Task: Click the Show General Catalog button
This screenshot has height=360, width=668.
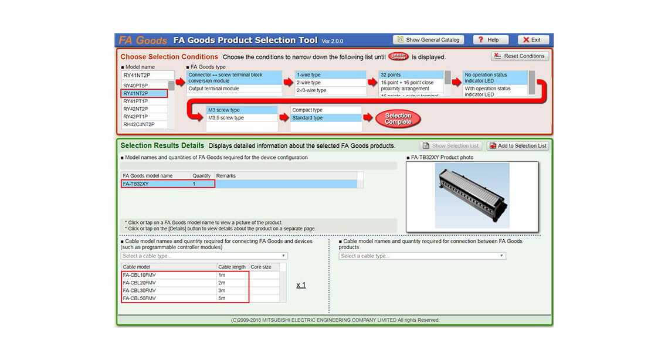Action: pyautogui.click(x=429, y=40)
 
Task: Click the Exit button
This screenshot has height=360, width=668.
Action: pyautogui.click(x=533, y=40)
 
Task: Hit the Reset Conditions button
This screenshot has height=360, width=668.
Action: pyautogui.click(x=520, y=56)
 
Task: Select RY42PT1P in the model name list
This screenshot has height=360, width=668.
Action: pyautogui.click(x=135, y=117)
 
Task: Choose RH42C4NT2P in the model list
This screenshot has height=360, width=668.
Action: pyautogui.click(x=139, y=124)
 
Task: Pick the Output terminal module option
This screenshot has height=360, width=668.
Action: pyautogui.click(x=213, y=89)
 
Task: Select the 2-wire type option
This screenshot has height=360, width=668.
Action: pyautogui.click(x=308, y=83)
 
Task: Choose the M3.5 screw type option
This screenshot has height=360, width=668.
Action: pyautogui.click(x=226, y=118)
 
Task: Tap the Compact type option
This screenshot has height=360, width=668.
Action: pyautogui.click(x=307, y=110)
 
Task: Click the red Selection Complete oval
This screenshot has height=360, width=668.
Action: pyautogui.click(x=398, y=118)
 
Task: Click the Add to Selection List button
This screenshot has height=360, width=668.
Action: pyautogui.click(x=518, y=146)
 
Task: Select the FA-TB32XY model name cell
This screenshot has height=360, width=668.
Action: pyautogui.click(x=136, y=184)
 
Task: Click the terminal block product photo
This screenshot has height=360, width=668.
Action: pyautogui.click(x=472, y=195)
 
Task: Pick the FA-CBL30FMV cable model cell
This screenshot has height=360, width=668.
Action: pyautogui.click(x=140, y=290)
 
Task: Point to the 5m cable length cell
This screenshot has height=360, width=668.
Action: pyautogui.click(x=223, y=298)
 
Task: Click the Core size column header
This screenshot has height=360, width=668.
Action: pyautogui.click(x=261, y=267)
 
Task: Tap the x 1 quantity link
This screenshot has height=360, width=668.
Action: pyautogui.click(x=301, y=285)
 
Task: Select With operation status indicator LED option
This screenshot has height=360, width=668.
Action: pyautogui.click(x=487, y=91)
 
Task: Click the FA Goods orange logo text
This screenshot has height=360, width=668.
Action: pyautogui.click(x=143, y=40)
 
